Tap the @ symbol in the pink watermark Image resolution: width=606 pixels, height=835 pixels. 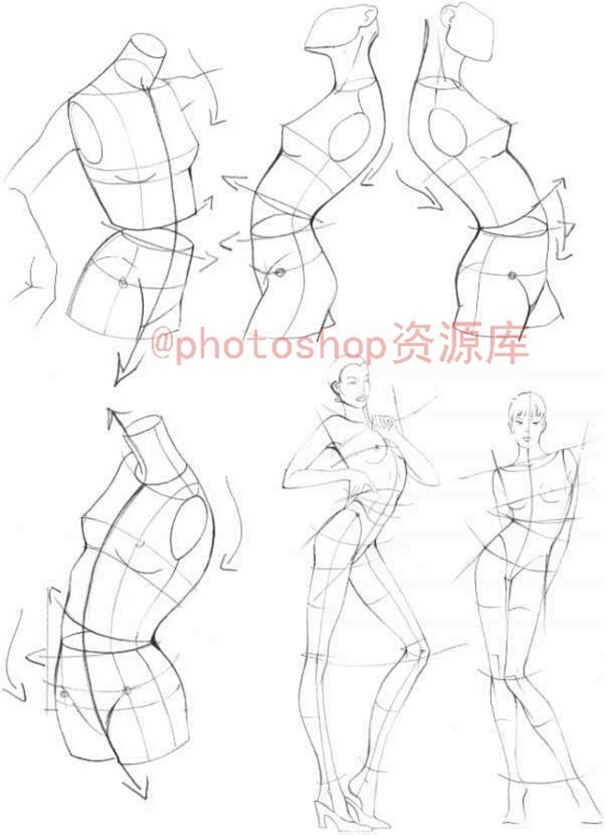coord(161,347)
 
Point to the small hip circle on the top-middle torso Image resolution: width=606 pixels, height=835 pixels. coord(276,272)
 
